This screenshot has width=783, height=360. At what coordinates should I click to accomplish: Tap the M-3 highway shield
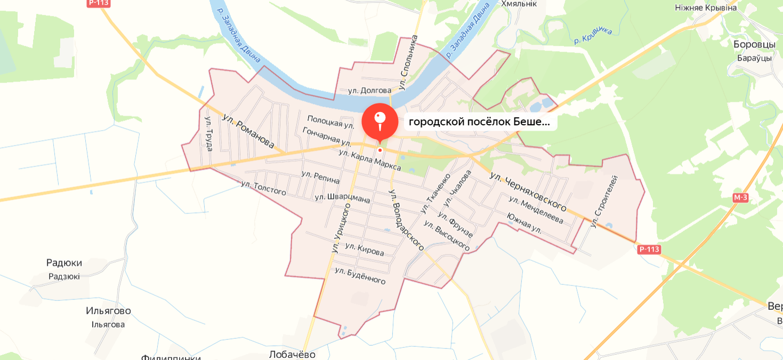(740, 198)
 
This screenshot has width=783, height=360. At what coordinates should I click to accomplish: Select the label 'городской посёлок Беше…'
(480, 122)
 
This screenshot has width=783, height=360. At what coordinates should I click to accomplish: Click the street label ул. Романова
(248, 131)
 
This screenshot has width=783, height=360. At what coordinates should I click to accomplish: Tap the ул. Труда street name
(208, 134)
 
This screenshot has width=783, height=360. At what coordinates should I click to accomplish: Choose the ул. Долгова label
(369, 91)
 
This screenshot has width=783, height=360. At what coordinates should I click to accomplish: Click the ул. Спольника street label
(408, 62)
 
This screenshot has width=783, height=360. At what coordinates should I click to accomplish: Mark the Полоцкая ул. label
(330, 122)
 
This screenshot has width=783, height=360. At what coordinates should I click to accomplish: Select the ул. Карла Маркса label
(369, 160)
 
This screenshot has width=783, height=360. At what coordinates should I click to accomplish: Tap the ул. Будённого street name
(360, 276)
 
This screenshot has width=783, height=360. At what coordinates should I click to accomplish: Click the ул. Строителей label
(603, 202)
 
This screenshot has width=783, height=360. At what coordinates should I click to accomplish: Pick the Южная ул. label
(524, 223)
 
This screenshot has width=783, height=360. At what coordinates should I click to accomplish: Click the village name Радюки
(64, 263)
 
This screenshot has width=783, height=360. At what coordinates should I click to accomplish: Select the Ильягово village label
(108, 311)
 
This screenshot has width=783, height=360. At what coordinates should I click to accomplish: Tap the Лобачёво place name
(292, 355)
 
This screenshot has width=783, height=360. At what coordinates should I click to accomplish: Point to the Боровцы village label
(754, 44)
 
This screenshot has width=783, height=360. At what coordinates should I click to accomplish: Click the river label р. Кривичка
(593, 35)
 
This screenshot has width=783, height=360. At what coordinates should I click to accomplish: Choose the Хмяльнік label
(519, 4)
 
